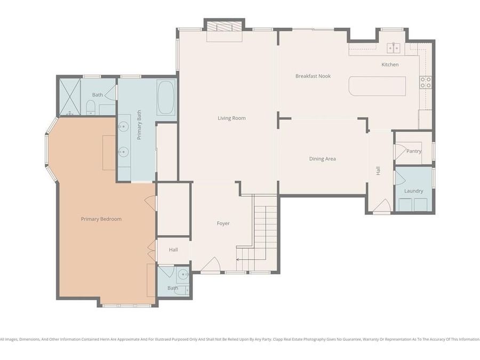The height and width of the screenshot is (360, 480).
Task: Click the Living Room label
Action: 231,118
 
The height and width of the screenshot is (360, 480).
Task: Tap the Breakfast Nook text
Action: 313,76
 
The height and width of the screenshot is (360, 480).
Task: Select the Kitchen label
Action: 390,65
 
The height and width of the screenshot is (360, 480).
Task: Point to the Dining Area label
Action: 323,158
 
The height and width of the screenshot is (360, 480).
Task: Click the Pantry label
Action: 414,151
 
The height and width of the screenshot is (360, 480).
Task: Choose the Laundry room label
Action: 413,191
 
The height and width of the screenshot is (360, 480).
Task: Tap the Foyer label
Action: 223,223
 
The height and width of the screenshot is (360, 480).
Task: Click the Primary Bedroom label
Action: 101,219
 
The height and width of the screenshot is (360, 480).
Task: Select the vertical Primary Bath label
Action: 139,129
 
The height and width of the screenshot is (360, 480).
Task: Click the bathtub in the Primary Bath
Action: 166,98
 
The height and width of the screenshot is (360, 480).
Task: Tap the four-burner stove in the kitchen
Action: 426,82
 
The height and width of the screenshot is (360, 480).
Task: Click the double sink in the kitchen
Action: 394,48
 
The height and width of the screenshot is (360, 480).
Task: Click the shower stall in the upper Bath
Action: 69,97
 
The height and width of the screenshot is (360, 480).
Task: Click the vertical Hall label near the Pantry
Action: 378,171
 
